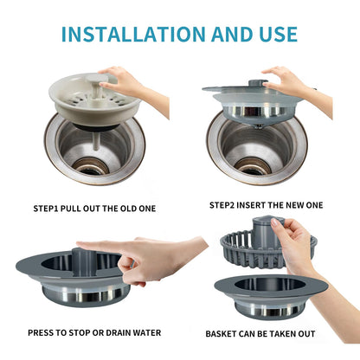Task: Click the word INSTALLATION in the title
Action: point(133,35)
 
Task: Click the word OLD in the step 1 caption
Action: point(128,209)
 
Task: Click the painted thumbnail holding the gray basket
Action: point(275,222)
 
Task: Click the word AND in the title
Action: point(232,35)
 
